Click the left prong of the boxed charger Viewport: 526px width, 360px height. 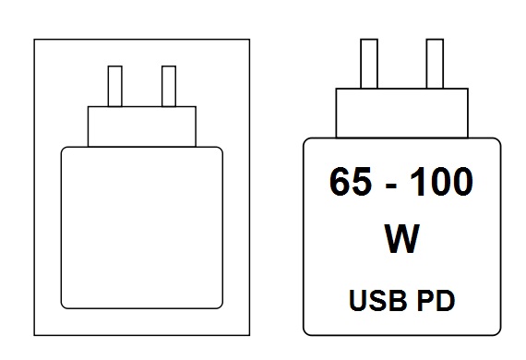[115, 86]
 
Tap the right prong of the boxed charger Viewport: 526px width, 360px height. [168, 86]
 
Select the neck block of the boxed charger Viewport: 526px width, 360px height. [142, 126]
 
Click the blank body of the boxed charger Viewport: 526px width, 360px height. [142, 227]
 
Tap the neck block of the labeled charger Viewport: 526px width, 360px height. [402, 112]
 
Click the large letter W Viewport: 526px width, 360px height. [400, 239]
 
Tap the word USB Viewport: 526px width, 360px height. [374, 300]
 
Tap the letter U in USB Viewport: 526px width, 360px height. [356, 300]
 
